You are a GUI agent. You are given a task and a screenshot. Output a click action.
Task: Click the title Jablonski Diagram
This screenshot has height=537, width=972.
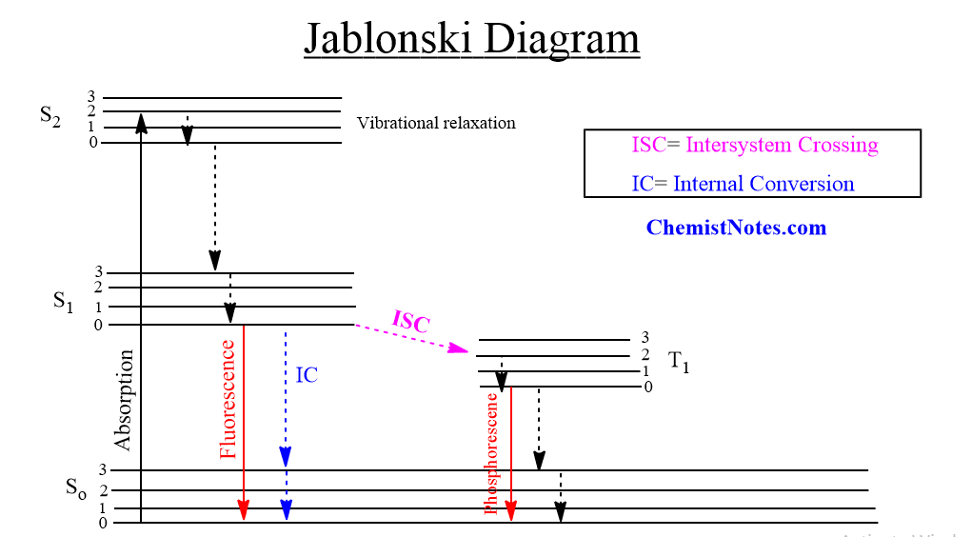[472, 39]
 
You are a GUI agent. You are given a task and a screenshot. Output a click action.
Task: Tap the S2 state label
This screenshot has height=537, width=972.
[50, 116]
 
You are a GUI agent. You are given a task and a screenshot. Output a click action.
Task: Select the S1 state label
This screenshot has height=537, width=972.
[63, 302]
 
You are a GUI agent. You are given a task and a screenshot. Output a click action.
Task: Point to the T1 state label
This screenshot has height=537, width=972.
[679, 362]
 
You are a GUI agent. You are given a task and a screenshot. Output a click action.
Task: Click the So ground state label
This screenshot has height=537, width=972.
[76, 488]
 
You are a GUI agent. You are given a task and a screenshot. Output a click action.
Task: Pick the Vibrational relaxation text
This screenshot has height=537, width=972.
[436, 123]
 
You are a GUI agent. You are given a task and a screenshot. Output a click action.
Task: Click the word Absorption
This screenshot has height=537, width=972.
[124, 400]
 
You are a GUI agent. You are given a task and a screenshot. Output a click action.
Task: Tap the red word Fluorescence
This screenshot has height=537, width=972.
[228, 399]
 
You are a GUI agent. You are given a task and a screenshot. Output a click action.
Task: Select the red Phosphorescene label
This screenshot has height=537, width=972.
[491, 454]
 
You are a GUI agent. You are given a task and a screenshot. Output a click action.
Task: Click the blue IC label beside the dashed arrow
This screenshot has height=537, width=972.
[307, 375]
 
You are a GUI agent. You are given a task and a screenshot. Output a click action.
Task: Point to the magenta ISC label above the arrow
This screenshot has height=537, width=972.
[411, 321]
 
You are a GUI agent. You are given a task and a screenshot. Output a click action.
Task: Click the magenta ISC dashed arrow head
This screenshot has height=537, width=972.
[459, 348]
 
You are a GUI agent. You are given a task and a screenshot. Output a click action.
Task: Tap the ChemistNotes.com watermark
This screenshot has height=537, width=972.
[737, 228]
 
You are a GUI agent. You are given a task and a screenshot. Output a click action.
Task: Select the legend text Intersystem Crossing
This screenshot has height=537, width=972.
[782, 145]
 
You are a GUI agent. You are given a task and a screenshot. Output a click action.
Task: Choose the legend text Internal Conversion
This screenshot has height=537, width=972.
[764, 184]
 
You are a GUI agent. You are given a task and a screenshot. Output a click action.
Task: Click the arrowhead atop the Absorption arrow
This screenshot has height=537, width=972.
[141, 123]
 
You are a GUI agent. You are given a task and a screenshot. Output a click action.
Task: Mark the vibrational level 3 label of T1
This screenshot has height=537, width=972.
[645, 337]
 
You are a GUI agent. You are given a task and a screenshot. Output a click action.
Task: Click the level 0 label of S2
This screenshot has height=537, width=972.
[93, 143]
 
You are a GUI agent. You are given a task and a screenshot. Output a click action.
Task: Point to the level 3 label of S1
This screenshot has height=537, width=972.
[99, 271]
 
